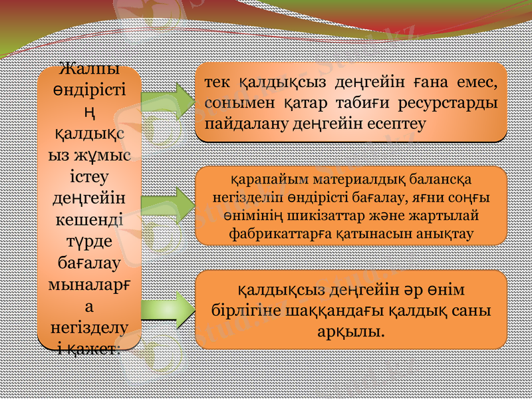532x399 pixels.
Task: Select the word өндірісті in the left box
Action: [90, 88]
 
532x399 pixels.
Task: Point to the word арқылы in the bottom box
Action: [351, 331]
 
